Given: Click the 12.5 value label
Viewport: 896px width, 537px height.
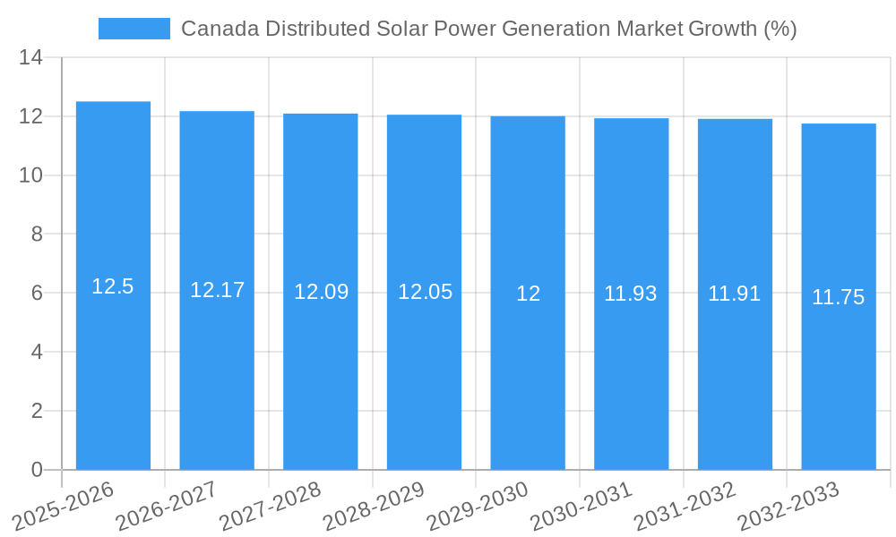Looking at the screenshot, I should coord(113,286).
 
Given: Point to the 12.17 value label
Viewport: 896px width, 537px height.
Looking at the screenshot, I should coord(217,290).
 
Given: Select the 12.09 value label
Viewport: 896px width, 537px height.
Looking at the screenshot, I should coord(321,292).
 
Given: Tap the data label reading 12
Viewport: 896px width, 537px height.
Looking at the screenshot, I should coord(528,294).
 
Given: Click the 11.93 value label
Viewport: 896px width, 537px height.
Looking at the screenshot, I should coord(631,294).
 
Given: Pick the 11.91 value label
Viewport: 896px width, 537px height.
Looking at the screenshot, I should coord(735,294).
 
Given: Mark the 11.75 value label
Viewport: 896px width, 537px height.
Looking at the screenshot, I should coord(839,297).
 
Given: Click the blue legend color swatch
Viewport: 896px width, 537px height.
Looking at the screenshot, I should coord(134,29).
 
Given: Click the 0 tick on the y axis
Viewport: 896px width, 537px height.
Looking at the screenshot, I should coord(37,470).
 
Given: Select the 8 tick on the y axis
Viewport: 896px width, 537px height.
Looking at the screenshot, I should coord(37,234).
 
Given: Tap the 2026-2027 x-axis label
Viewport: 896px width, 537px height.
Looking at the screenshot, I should coord(168,506).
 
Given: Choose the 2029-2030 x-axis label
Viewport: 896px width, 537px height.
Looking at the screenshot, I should coord(478,506).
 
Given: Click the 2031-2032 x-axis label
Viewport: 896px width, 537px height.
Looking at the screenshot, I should coord(685,506).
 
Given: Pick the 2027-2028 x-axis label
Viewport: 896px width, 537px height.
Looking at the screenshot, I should coord(271,506).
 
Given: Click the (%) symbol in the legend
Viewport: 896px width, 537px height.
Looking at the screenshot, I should coord(780,29).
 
